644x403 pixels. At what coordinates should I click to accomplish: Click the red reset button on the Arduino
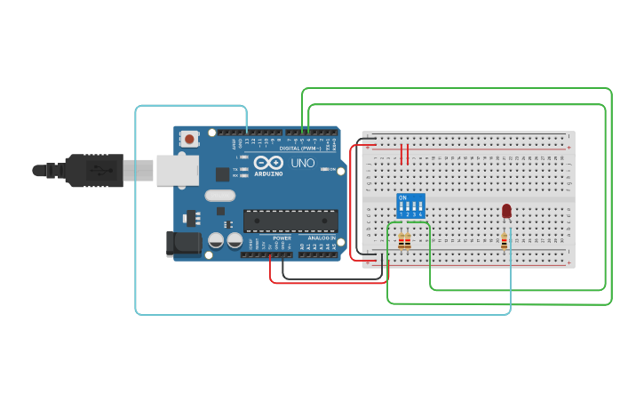pos(189,139)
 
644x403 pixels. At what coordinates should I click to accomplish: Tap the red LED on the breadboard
pos(506,211)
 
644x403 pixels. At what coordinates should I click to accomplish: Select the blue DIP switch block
pos(410,206)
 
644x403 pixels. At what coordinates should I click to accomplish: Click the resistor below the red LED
pos(505,241)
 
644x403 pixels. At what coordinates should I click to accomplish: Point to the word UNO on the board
pos(304,164)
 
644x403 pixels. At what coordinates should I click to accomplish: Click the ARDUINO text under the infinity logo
pos(269,173)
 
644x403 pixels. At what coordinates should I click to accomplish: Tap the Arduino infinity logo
pos(269,163)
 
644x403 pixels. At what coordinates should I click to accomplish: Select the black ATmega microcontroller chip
pos(290,221)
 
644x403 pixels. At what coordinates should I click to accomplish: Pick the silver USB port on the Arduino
pos(177,170)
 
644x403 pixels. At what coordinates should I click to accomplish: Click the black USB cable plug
pos(93,170)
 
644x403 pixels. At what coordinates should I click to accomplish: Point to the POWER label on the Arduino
pos(282,238)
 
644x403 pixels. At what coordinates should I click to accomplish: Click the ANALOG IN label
pos(321,238)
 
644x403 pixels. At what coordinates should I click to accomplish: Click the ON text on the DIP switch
pos(403,197)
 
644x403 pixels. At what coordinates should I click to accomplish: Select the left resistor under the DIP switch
pos(402,241)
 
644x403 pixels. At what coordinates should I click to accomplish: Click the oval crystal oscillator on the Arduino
pos(219,196)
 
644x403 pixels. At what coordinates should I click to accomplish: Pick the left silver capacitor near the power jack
pos(216,240)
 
